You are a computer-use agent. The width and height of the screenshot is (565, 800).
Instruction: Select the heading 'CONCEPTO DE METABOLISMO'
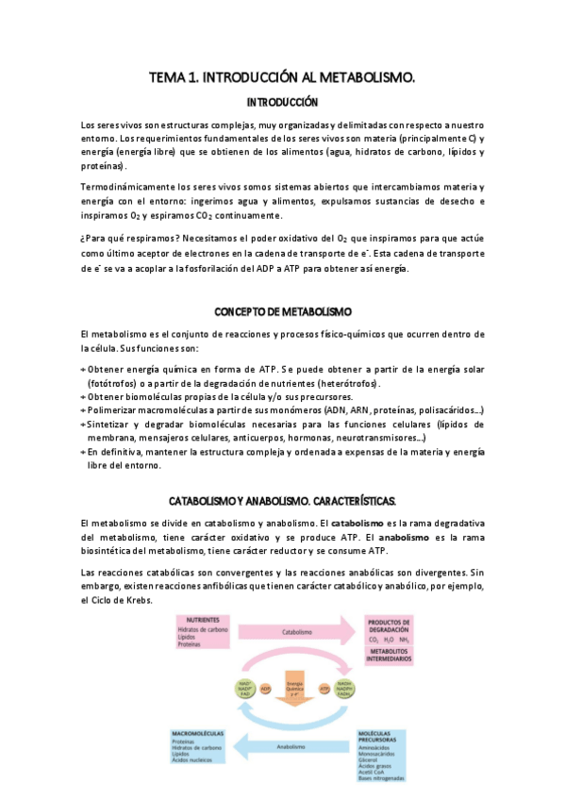point(282,311)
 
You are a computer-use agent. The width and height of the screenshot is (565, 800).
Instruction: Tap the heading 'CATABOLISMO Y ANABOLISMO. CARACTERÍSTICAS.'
point(282,499)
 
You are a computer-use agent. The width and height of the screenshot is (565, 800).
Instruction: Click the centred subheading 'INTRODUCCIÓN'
point(282,102)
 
